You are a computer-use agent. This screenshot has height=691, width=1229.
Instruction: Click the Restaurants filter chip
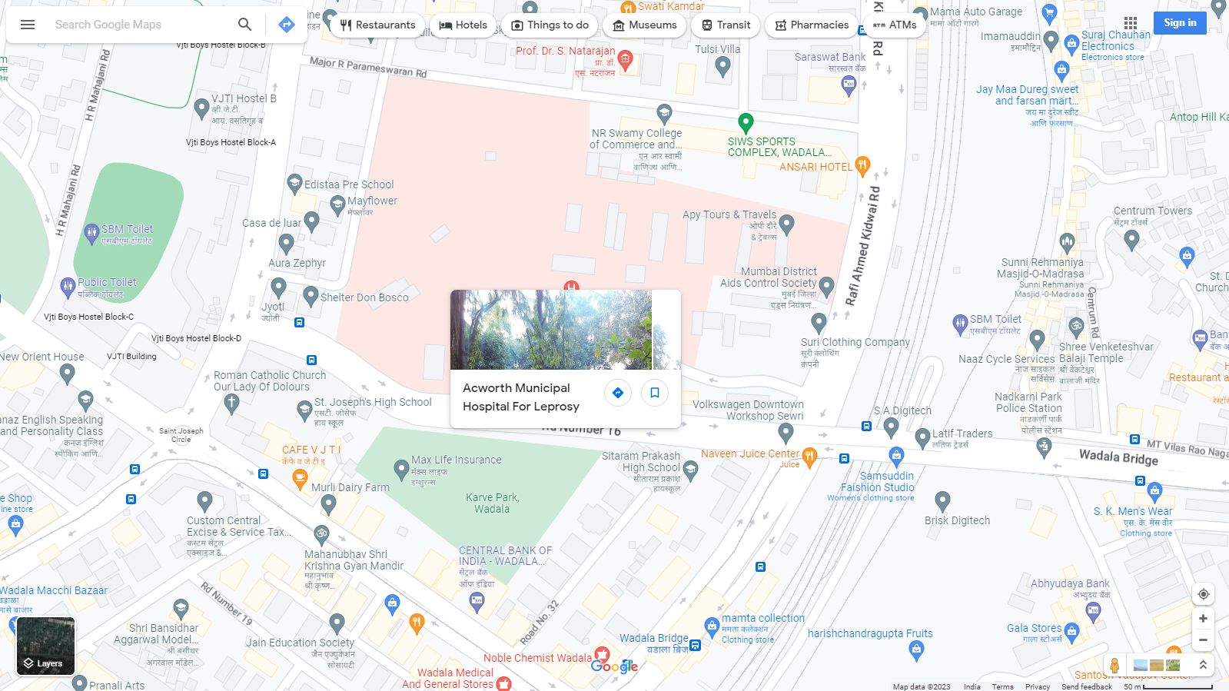click(x=377, y=25)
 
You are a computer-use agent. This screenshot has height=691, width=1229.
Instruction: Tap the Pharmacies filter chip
click(x=812, y=25)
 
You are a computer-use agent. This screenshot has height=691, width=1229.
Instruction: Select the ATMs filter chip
click(x=895, y=25)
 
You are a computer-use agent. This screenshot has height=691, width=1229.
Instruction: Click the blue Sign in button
click(x=1179, y=23)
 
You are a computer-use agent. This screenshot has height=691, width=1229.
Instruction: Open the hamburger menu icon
click(x=28, y=25)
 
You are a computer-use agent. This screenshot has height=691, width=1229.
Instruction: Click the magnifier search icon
click(x=244, y=25)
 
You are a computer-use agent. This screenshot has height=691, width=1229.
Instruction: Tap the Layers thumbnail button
click(x=46, y=646)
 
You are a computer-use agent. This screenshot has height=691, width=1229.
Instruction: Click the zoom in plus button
click(x=1203, y=618)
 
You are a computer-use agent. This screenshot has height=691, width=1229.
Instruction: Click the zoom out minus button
click(x=1203, y=640)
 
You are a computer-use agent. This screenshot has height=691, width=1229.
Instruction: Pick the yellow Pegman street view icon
click(x=1114, y=665)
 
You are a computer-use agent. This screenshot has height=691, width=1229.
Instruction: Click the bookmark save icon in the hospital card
click(x=655, y=393)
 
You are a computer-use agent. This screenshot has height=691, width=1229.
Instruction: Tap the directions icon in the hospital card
click(x=618, y=393)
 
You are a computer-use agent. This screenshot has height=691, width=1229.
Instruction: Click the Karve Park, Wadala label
click(x=492, y=503)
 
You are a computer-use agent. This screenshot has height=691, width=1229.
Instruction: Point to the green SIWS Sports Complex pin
click(x=745, y=122)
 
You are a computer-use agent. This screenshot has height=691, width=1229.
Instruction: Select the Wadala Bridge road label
click(x=1118, y=457)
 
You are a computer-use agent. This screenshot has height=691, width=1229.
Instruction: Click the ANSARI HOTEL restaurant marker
click(x=862, y=164)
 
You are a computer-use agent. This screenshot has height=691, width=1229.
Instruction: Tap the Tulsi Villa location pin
click(x=722, y=66)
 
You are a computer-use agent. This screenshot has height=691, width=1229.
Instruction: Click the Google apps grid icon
click(x=1130, y=23)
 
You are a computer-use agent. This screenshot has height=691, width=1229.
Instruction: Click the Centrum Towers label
click(x=1152, y=211)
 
